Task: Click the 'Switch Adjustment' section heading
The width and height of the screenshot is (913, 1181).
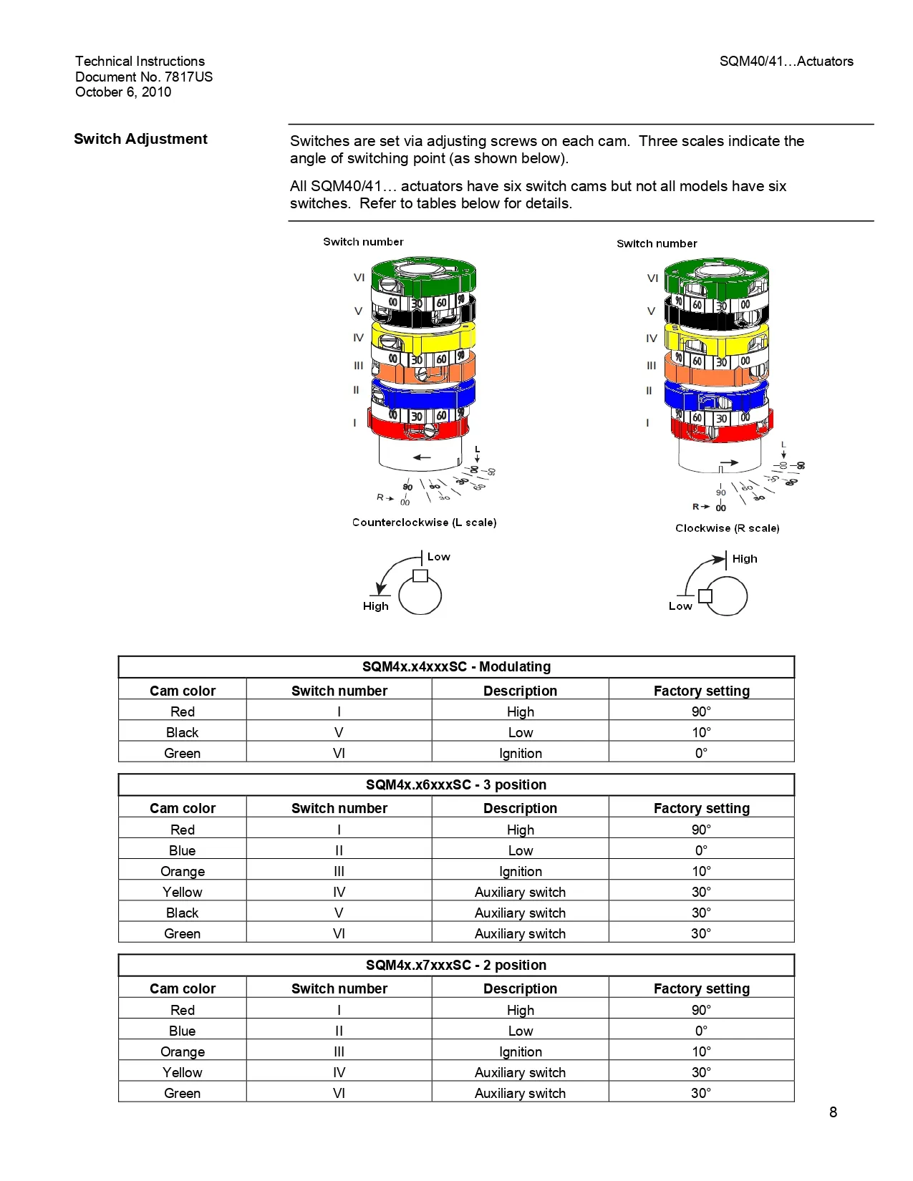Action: tap(140, 139)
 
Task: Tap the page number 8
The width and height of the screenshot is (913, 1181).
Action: tap(833, 1112)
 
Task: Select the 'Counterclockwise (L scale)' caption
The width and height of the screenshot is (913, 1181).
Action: tap(424, 523)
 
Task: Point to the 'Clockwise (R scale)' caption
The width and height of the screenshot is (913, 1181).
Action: tap(727, 528)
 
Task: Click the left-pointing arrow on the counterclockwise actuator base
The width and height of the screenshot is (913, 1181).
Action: tap(422, 457)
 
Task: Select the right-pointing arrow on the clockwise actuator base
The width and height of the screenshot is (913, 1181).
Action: tap(729, 463)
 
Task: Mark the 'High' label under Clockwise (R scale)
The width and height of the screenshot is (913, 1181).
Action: tap(745, 559)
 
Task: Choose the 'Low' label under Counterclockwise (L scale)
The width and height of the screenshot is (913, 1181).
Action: tap(438, 557)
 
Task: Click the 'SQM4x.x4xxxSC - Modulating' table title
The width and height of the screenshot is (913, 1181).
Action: tap(456, 667)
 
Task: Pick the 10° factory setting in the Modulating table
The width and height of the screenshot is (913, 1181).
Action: tap(701, 732)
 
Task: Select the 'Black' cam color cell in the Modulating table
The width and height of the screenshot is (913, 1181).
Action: tap(182, 732)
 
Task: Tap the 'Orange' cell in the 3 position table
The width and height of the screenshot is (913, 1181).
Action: tap(182, 871)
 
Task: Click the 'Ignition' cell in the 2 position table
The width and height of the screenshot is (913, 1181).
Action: tap(520, 1051)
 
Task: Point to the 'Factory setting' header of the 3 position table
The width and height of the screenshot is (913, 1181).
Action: tap(701, 808)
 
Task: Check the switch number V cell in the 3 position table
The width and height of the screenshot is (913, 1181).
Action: tap(339, 913)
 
